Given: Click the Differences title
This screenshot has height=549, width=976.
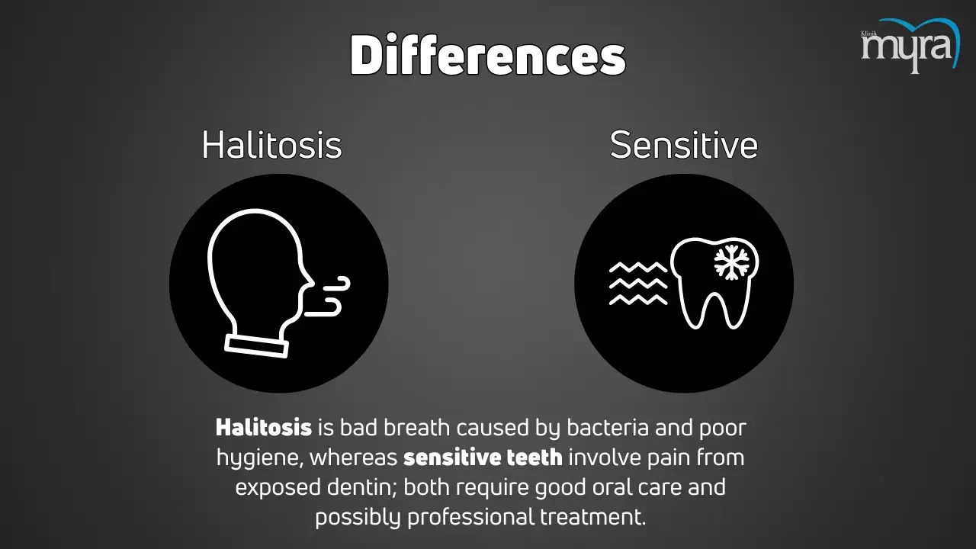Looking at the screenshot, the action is tap(488, 56).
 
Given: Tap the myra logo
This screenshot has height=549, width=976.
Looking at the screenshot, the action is tap(910, 46).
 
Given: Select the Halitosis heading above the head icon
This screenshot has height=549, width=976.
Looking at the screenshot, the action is tap(271, 145).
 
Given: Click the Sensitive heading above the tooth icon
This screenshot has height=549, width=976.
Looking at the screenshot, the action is tap(684, 145).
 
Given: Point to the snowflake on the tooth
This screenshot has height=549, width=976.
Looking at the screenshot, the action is tap(732, 262).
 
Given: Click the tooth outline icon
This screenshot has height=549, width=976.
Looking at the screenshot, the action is tap(714, 283).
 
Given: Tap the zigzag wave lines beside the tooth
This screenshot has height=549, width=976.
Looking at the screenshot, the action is tap(638, 283).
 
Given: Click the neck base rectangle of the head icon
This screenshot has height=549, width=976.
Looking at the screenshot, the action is tap(256, 346).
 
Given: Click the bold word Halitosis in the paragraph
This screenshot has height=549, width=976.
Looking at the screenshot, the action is tap(264, 428).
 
